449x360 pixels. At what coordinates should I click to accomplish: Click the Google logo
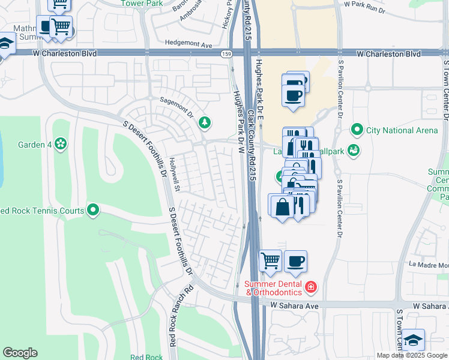pyautogui.click(x=20, y=353)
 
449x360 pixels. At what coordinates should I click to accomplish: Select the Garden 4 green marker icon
pyautogui.click(x=60, y=143)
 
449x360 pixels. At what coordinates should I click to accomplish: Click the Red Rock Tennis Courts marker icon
pyautogui.click(x=93, y=210)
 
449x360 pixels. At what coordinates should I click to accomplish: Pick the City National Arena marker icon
pyautogui.click(x=357, y=130)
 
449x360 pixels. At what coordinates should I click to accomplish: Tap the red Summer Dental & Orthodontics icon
pyautogui.click(x=310, y=287)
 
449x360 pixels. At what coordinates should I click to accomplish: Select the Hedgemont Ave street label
pyautogui.click(x=189, y=45)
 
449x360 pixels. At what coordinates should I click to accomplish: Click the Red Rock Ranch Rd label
pyautogui.click(x=173, y=323)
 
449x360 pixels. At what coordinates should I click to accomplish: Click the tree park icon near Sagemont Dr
pyautogui.click(x=205, y=122)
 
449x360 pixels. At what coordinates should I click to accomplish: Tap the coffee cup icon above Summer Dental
pyautogui.click(x=295, y=261)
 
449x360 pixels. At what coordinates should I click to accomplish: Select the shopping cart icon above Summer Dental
pyautogui.click(x=270, y=261)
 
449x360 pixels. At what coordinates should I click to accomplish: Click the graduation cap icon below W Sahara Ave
pyautogui.click(x=413, y=340)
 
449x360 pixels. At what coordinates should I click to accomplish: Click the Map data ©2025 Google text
pyautogui.click(x=411, y=355)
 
